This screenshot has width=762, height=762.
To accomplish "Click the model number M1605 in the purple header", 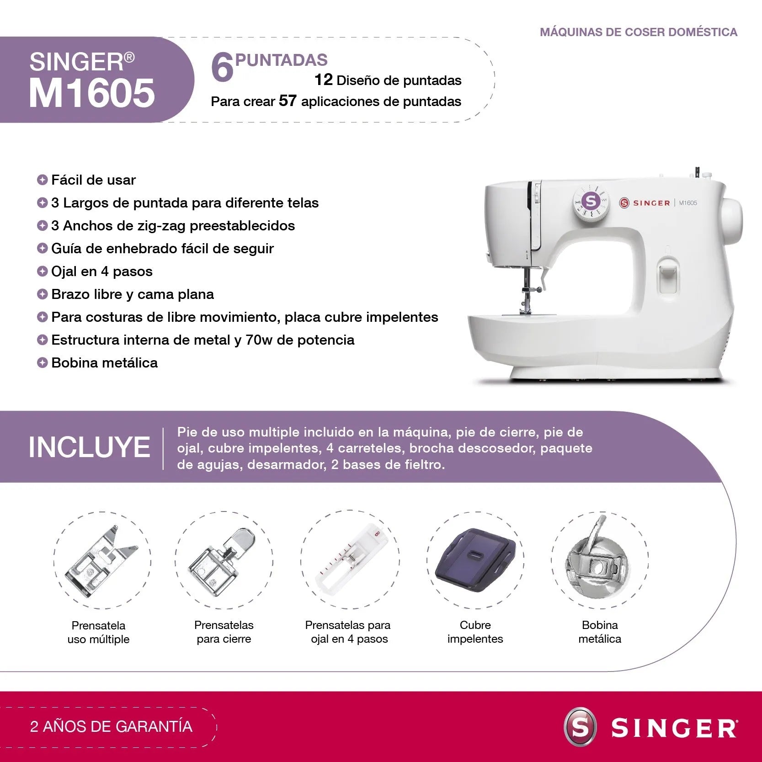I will point(92,93).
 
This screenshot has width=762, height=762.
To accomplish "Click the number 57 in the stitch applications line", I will point(288,101).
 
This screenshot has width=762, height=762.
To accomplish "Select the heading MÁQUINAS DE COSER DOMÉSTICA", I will point(638,32).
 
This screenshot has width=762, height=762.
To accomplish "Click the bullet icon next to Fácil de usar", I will point(42,180).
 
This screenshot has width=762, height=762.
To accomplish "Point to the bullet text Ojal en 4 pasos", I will point(101,271).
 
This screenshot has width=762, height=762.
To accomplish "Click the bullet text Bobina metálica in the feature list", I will point(104,362).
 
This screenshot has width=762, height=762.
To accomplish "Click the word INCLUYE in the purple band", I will point(89,447).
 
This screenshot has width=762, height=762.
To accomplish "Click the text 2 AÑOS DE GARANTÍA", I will point(111,726).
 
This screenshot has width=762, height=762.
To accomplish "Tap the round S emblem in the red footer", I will point(580,727).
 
